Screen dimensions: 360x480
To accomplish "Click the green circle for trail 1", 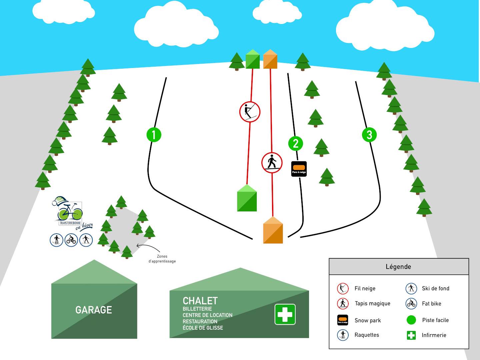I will [x=154, y=135].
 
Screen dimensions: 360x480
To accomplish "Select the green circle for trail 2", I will [x=296, y=143].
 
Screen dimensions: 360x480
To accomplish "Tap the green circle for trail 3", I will [x=369, y=135].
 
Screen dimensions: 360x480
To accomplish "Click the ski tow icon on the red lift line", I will [x=250, y=112].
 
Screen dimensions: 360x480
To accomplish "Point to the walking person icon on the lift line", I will [x=272, y=163].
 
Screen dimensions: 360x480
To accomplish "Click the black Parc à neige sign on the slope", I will [x=299, y=169].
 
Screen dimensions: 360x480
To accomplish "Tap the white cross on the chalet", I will [x=285, y=314].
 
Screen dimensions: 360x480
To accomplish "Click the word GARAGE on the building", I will [x=94, y=310].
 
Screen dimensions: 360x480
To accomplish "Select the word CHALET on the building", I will [x=200, y=301].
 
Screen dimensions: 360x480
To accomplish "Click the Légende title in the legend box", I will [x=398, y=267].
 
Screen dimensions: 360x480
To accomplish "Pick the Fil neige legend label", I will [x=365, y=289].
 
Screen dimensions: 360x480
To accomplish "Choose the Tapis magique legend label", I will [x=372, y=304].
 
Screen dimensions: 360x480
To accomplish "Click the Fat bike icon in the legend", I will [x=411, y=304].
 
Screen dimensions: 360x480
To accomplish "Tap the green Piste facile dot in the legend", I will [x=411, y=320].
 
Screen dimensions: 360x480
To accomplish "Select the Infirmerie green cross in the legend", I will [x=411, y=335].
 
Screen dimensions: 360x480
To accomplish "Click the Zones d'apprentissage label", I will [x=162, y=259].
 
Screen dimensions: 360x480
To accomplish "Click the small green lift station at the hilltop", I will [x=253, y=59].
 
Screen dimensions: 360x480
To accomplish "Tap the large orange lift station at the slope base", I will [x=273, y=230].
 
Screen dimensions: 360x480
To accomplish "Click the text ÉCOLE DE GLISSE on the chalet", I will [x=203, y=328].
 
